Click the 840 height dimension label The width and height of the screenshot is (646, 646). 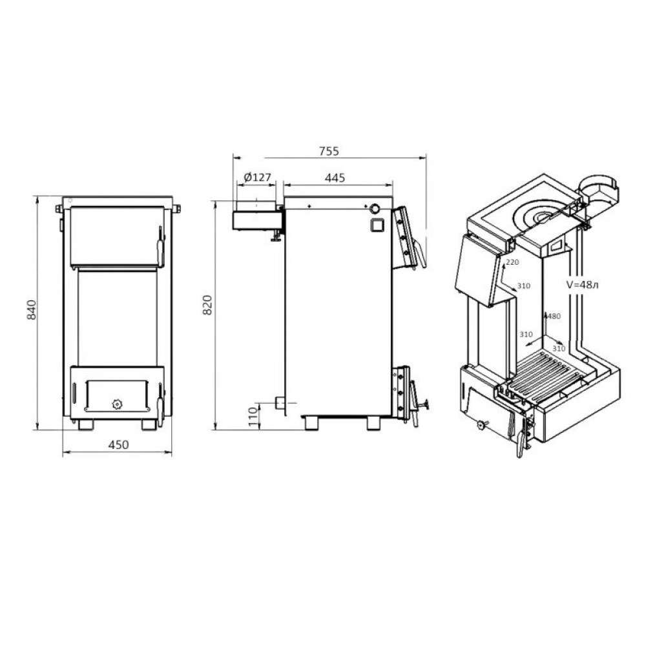pos(31,310)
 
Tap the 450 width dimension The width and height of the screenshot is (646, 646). pos(118,445)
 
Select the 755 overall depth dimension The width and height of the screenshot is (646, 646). pos(329,151)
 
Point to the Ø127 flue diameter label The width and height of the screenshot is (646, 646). pos(258,177)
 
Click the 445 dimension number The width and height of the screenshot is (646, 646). pos(335,178)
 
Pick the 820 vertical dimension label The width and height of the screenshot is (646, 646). pos(207,305)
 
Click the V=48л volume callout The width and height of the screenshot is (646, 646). pos(582,284)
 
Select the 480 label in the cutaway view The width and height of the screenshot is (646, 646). pos(554,317)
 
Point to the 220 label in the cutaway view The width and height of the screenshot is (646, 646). pos(512,262)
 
